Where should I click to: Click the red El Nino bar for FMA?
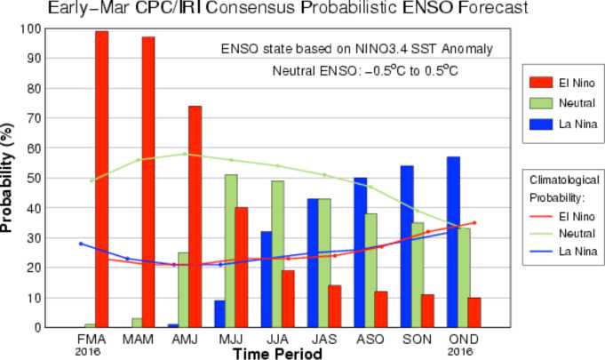pos(101,179)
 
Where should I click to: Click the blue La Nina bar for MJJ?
pos(219,313)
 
